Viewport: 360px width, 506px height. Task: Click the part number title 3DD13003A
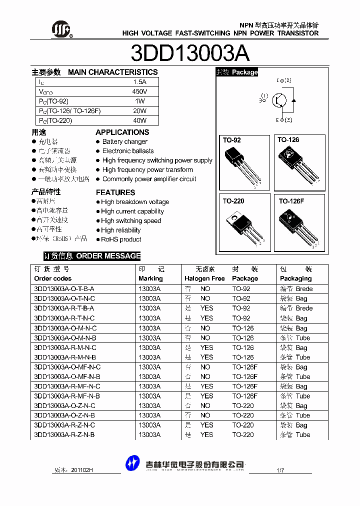[x=190, y=53]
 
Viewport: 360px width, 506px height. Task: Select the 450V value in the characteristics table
[x=139, y=91]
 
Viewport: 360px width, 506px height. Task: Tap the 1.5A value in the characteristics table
[x=139, y=82]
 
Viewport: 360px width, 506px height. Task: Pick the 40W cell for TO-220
[x=139, y=120]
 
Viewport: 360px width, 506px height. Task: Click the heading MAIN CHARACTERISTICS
[x=112, y=72]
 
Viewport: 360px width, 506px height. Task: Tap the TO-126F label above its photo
[x=291, y=201]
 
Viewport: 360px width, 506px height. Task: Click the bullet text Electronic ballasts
[x=128, y=151]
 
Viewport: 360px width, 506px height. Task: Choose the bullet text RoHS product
[x=121, y=239]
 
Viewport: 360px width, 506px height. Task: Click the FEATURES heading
[x=115, y=192]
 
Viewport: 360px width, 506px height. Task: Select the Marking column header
[x=150, y=278]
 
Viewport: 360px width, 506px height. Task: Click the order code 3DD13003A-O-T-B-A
[x=64, y=289]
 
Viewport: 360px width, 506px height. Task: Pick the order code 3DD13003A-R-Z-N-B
[x=64, y=435]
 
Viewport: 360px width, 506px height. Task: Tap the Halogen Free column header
[x=204, y=278]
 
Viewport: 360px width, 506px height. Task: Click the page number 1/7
[x=280, y=470]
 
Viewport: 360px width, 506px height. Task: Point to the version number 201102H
[x=82, y=470]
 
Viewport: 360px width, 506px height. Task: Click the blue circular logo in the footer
[x=132, y=463]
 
